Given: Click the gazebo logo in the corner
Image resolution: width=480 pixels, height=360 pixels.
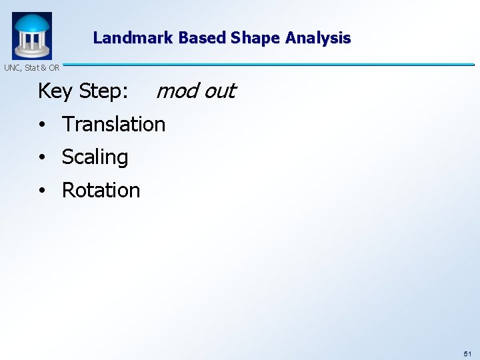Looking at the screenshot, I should (31, 35).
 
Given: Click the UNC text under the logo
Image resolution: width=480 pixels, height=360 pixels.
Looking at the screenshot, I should (12, 67).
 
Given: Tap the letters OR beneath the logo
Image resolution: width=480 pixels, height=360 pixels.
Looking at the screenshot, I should (54, 67).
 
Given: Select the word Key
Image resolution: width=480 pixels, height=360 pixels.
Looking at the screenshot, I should (55, 91).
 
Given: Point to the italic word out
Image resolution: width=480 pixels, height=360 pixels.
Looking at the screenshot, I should (219, 90).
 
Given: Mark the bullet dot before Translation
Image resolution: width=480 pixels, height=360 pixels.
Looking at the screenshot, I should (41, 125).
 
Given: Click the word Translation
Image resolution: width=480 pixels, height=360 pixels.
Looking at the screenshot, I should (113, 124).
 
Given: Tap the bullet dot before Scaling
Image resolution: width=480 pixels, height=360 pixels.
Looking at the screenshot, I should (41, 158).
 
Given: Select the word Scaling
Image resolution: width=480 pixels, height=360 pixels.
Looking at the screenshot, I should (95, 157).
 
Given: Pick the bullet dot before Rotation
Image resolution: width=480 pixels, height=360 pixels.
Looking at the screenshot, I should (41, 191).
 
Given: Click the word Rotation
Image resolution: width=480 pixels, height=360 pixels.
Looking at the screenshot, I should (101, 190).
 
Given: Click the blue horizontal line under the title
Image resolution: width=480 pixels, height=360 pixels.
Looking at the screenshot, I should (267, 65).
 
